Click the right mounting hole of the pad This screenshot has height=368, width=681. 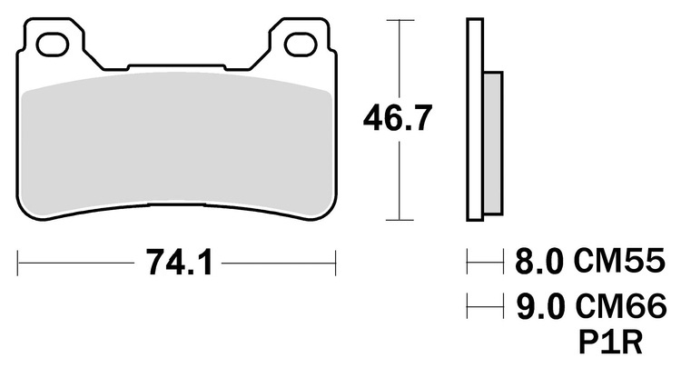[x=301, y=45]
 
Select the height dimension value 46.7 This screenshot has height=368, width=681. [x=398, y=118]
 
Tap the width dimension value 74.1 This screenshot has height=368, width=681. [x=180, y=263]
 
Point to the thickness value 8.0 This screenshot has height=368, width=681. [x=538, y=261]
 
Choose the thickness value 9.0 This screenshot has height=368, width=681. [x=540, y=306]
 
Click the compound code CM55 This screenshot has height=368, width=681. [x=619, y=261]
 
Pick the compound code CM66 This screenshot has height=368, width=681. [x=620, y=306]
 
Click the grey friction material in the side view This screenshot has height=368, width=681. [x=493, y=143]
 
